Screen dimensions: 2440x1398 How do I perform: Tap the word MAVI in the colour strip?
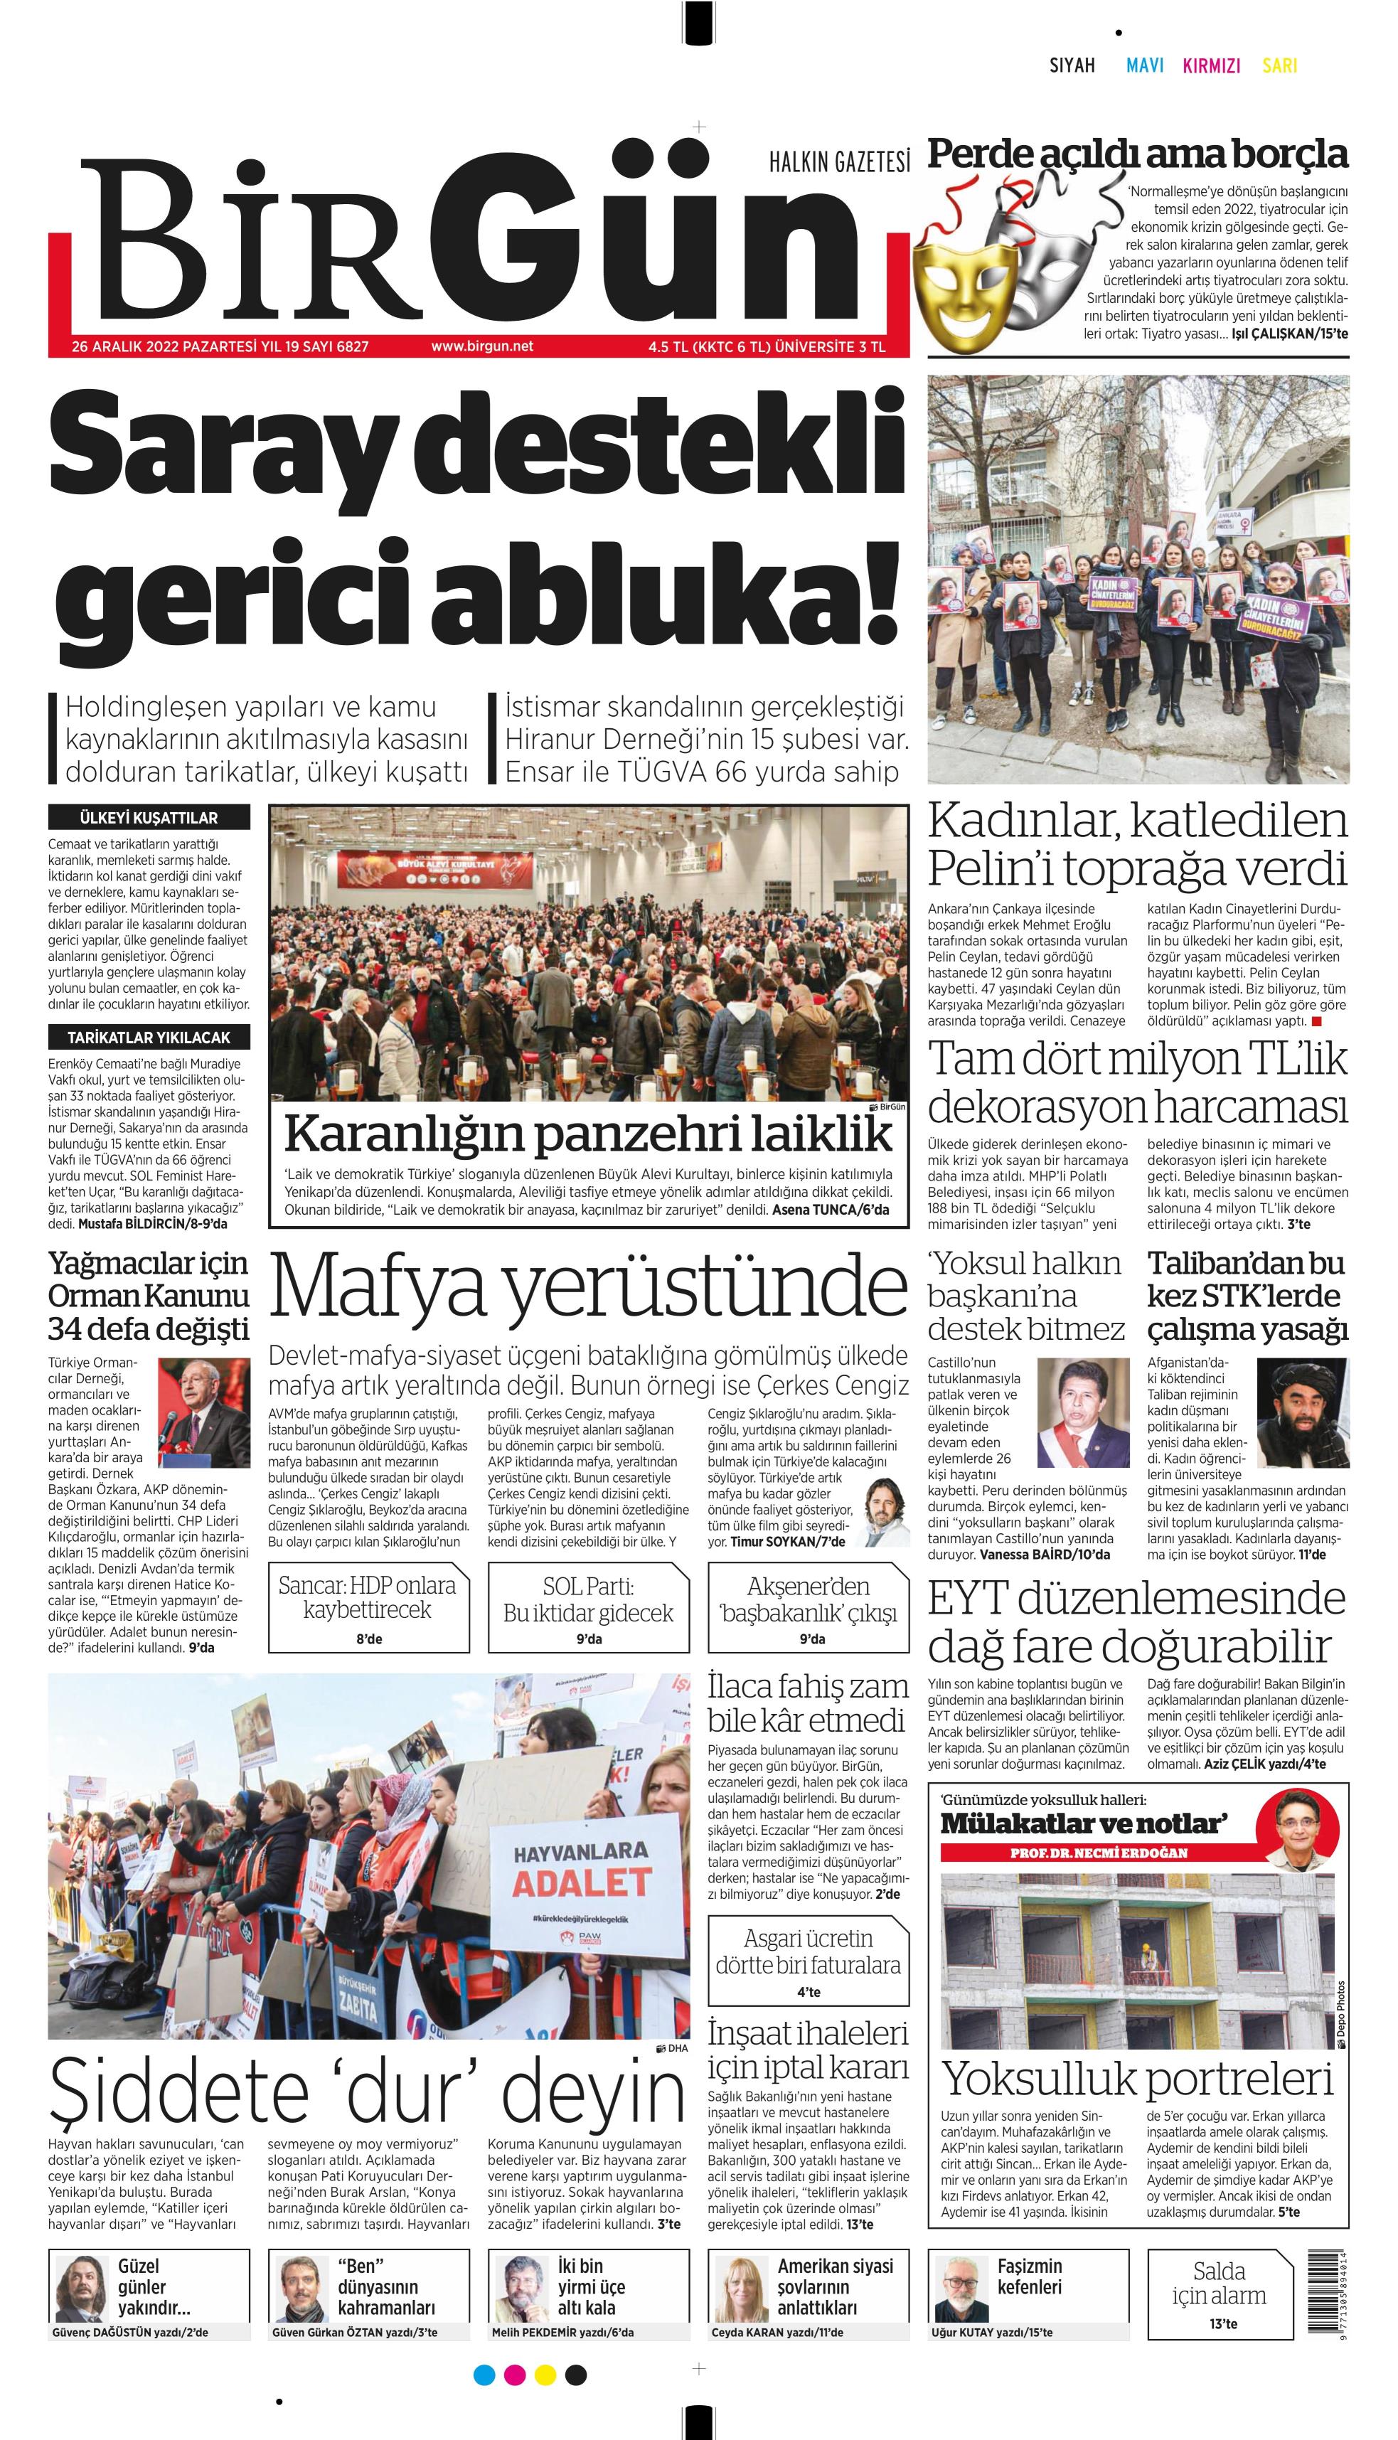coord(1145,65)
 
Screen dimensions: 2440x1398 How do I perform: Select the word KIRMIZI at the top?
coord(1211,65)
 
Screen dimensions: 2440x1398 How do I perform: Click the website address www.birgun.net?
coord(482,346)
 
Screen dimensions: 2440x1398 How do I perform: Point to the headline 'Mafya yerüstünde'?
coord(587,1286)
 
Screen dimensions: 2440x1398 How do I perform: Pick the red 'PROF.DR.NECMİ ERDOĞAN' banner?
coord(1099,1853)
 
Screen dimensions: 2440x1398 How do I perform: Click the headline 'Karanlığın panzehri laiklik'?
coord(587,1134)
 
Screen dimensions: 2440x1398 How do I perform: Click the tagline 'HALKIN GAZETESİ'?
coord(838,162)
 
